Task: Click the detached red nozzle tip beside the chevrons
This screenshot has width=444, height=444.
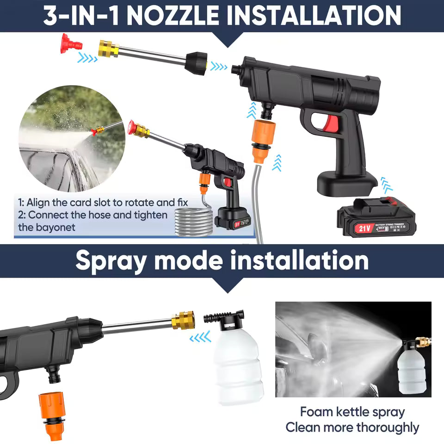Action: click(70, 45)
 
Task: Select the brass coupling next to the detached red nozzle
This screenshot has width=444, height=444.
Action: click(108, 48)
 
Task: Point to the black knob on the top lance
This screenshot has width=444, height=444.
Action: click(196, 63)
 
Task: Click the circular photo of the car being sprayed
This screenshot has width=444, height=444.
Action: click(71, 139)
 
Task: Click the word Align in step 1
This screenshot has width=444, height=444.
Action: click(39, 203)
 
